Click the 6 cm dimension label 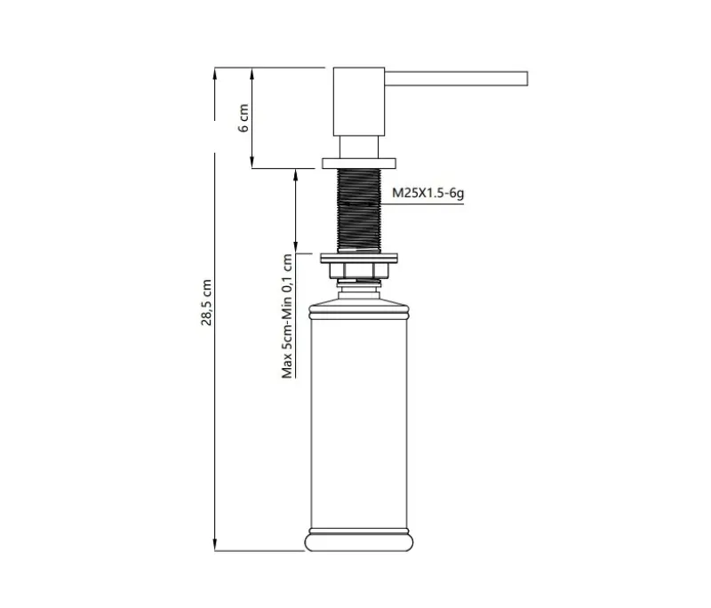point(244,116)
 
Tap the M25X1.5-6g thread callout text point(427,192)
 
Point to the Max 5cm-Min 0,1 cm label point(287,316)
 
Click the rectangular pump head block point(359,101)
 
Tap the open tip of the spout point(527,78)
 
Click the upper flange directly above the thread point(359,162)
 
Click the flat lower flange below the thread point(359,258)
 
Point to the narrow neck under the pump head point(359,147)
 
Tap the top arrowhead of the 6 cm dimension point(254,72)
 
